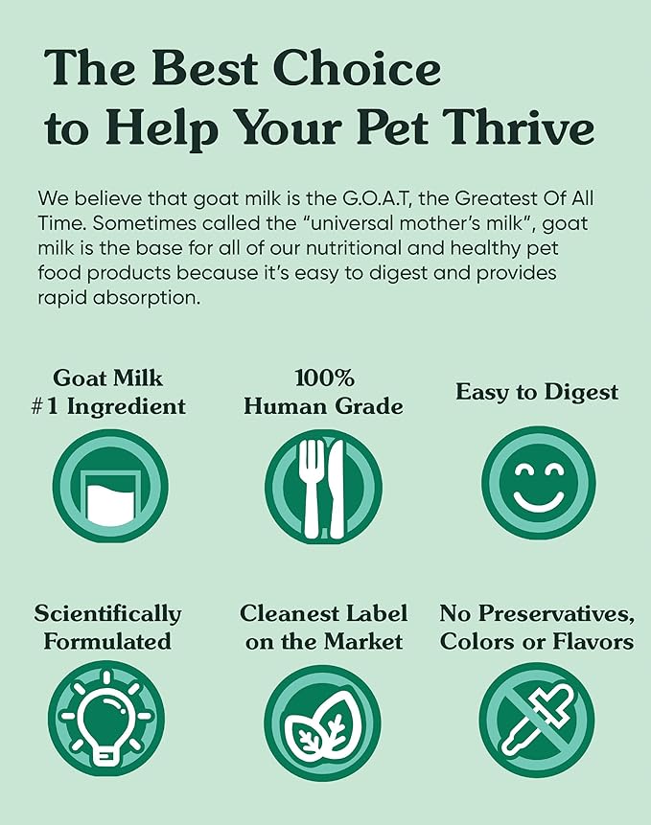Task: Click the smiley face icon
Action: (x=538, y=485)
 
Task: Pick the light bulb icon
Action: (x=107, y=719)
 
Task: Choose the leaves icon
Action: (x=322, y=721)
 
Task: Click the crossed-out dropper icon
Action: (x=537, y=719)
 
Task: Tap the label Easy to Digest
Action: (x=537, y=392)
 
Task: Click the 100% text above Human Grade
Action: (x=322, y=378)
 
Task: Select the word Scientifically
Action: (x=107, y=613)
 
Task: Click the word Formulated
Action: (x=107, y=640)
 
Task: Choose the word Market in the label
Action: (x=364, y=640)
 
